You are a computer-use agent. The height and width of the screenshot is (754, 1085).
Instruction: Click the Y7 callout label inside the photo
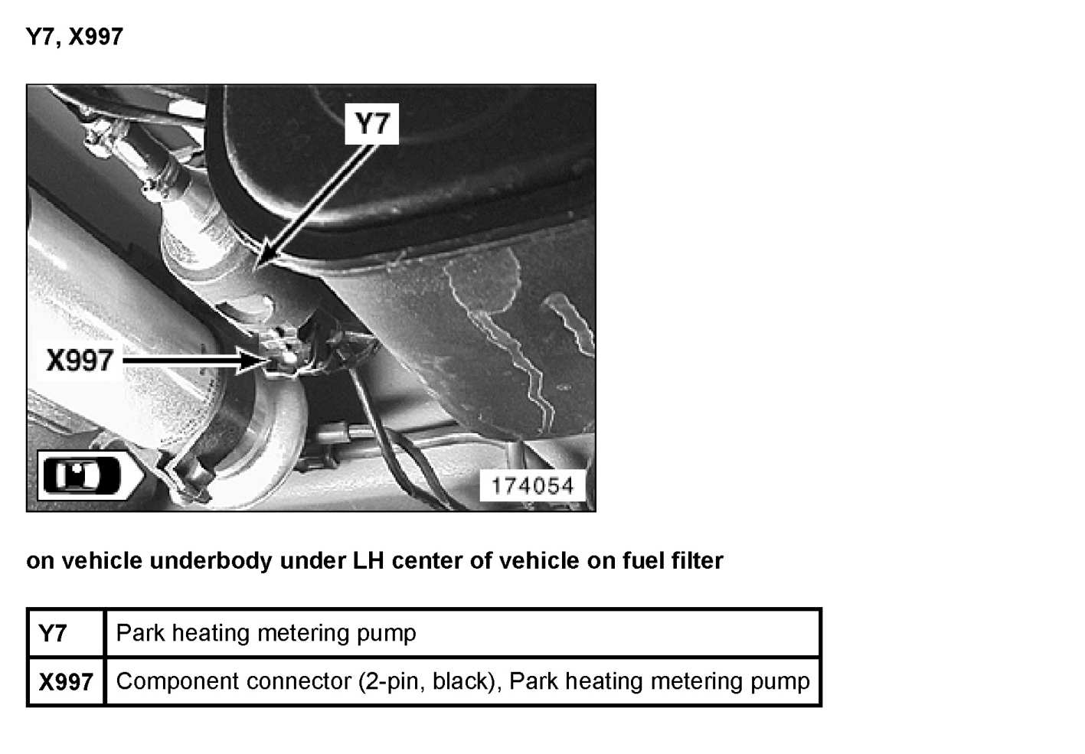(372, 123)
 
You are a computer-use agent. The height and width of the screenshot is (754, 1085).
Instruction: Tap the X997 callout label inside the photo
(80, 360)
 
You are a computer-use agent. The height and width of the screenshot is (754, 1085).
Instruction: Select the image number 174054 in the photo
(532, 485)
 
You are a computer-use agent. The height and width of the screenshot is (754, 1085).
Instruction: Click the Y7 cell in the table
(53, 634)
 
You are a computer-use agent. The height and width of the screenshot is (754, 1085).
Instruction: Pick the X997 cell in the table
(66, 681)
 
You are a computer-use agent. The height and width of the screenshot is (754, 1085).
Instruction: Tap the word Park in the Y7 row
(141, 633)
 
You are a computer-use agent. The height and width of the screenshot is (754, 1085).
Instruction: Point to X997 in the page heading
(96, 36)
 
